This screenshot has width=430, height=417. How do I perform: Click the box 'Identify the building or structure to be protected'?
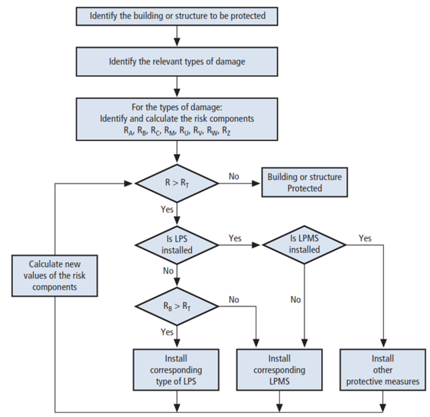coord(177,16)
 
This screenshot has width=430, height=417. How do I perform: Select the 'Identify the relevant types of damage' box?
coord(177,61)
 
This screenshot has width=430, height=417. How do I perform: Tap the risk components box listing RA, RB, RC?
coord(177,118)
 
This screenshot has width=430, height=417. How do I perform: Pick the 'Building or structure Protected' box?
coord(304,183)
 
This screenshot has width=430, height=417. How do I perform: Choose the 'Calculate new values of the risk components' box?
coord(55,275)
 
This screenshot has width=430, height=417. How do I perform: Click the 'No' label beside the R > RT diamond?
coord(234,177)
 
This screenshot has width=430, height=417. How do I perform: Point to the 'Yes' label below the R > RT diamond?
coord(167,210)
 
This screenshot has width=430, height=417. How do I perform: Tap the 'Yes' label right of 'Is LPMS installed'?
coord(365,238)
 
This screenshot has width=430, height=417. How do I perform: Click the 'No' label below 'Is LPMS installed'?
coord(295,300)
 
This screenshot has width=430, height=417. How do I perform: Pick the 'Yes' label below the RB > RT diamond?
coord(167,332)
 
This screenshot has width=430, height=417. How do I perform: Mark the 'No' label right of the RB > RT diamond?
coord(234,300)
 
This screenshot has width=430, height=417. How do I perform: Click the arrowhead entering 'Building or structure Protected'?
coord(257,184)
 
